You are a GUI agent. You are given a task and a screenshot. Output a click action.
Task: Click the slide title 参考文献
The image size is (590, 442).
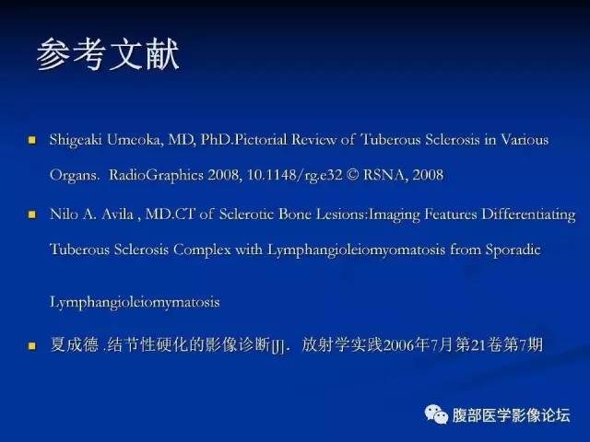point(108,54)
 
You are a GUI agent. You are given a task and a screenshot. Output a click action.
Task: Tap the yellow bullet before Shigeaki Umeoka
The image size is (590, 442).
point(31,141)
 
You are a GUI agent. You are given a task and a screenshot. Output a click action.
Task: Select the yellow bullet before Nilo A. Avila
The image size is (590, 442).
point(31,215)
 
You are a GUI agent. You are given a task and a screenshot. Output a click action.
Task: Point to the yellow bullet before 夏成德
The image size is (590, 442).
point(31,347)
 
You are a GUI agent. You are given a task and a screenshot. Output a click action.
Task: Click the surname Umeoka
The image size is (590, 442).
point(134,140)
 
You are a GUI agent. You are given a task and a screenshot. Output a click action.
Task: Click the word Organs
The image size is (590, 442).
point(75,173)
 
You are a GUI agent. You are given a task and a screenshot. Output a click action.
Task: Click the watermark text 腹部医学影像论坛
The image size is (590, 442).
point(511,413)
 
